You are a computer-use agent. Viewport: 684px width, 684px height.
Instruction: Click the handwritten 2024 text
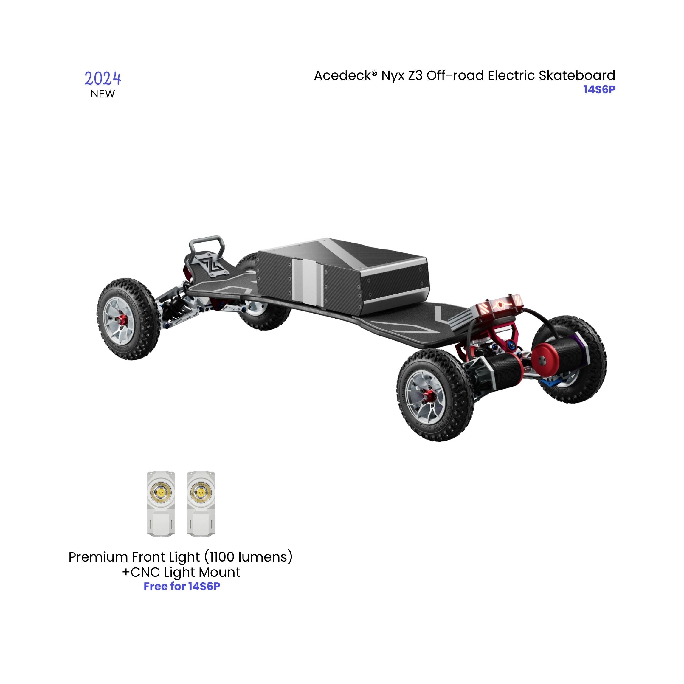click(103, 78)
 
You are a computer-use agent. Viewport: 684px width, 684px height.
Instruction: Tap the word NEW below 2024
click(103, 94)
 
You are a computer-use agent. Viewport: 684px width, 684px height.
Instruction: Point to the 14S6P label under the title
click(599, 90)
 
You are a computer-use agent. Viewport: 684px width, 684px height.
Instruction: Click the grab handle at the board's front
click(207, 245)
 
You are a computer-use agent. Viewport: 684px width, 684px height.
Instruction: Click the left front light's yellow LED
click(161, 492)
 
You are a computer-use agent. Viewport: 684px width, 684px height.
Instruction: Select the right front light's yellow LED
click(201, 492)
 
